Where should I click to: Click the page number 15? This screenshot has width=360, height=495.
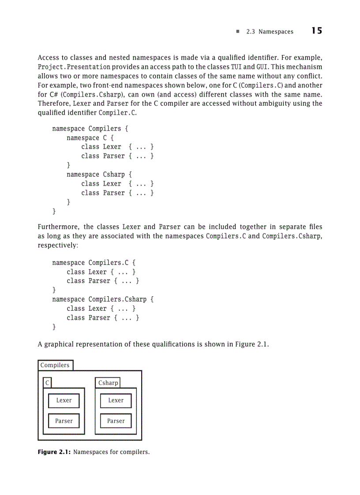[316, 31]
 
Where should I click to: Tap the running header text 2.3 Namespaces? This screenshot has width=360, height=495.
[270, 32]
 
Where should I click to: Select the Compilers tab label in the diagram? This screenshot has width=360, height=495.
[55, 365]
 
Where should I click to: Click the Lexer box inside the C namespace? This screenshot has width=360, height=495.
[64, 401]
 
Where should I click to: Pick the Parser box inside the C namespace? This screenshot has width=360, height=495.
[64, 421]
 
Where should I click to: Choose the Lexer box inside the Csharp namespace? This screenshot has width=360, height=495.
[116, 401]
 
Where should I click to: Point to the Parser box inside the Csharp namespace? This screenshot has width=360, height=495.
[116, 421]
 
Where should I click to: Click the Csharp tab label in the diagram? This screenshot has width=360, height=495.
[108, 383]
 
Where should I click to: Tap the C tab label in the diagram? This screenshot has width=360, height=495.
[47, 383]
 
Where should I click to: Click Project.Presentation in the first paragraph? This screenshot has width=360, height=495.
[74, 67]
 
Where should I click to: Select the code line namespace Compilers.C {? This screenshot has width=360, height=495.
[94, 263]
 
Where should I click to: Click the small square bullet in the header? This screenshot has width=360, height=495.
[237, 32]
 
